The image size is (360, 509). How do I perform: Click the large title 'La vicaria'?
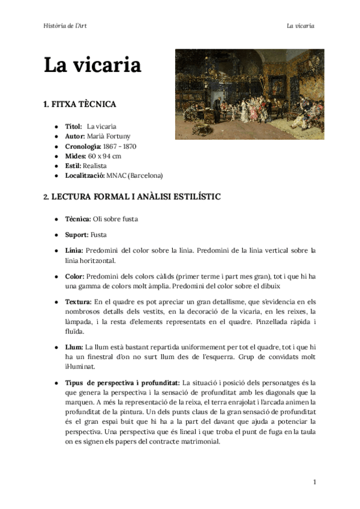[92, 65]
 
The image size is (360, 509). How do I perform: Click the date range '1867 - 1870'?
[120, 146]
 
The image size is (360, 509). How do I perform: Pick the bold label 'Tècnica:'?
[78, 219]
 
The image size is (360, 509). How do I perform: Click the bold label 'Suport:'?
[76, 235]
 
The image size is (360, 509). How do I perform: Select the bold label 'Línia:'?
[74, 250]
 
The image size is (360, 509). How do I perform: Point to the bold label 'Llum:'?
[74, 347]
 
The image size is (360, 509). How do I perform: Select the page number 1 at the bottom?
[314, 482]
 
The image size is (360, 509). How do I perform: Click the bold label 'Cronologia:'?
[83, 146]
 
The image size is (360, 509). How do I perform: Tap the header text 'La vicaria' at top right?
[301, 26]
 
